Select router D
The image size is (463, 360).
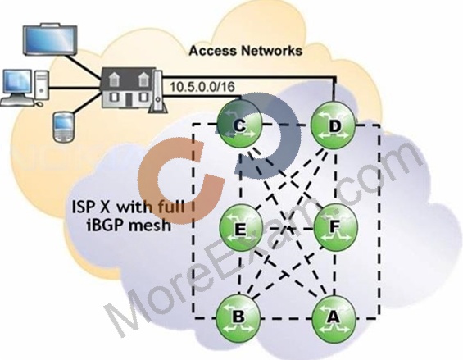pos(334,126)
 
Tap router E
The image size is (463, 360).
pos(241,226)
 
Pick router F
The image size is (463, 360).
pos(334,226)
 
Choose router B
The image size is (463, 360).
pos(238,317)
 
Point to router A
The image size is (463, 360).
pos(334,317)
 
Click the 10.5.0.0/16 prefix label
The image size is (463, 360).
pos(202,87)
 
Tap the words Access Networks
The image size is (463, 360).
pos(246,51)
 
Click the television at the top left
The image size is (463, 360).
pos(50,39)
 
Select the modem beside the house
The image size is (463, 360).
pos(158,92)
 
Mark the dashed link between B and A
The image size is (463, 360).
pos(287,319)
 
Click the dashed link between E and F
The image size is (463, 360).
pos(288,228)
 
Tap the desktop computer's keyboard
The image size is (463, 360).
pos(18,102)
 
